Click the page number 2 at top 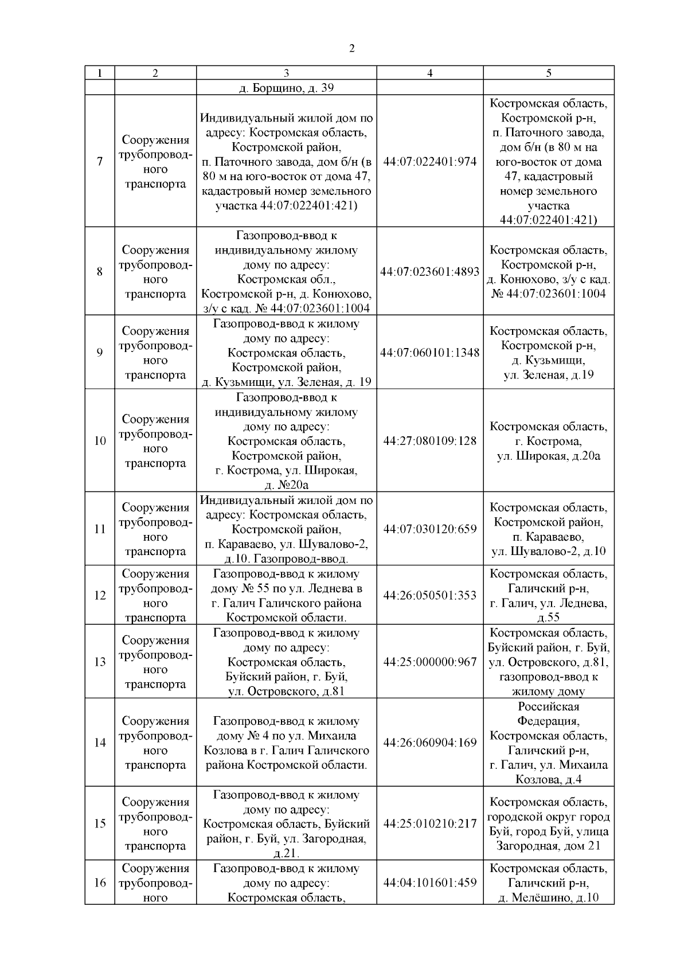click(x=351, y=49)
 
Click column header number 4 click(x=430, y=73)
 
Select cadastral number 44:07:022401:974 click(x=430, y=162)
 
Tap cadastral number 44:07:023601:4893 click(x=430, y=272)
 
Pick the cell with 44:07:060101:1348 click(x=430, y=353)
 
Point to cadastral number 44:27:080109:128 click(x=430, y=441)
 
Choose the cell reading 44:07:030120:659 click(x=430, y=529)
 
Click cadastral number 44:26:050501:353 click(x=430, y=595)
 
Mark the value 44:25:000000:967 click(x=430, y=662)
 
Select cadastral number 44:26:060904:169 click(x=430, y=743)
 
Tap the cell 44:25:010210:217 click(x=430, y=823)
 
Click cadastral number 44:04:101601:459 click(x=430, y=882)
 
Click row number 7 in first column click(x=100, y=162)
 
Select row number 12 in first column click(x=100, y=595)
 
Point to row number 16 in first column click(x=100, y=882)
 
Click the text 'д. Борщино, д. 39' click(x=286, y=88)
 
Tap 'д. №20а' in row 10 click(x=286, y=485)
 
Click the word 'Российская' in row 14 click(x=549, y=706)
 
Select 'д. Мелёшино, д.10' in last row click(x=549, y=897)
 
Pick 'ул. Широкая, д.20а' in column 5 click(x=549, y=456)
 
